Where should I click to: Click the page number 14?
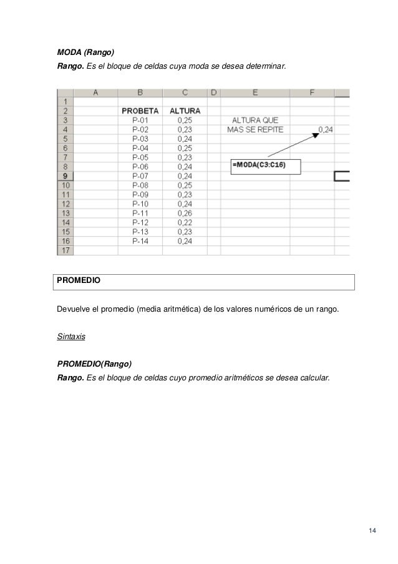tap(372, 531)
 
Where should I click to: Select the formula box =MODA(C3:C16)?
tap(265, 166)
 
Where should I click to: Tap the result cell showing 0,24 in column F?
tap(325, 129)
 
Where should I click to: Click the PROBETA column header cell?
tap(139, 111)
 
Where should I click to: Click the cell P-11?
tap(139, 213)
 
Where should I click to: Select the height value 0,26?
tap(184, 213)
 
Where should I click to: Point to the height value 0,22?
tap(184, 222)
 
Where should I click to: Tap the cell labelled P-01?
tap(139, 120)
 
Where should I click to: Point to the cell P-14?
tap(139, 240)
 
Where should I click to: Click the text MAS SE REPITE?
tap(256, 129)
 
